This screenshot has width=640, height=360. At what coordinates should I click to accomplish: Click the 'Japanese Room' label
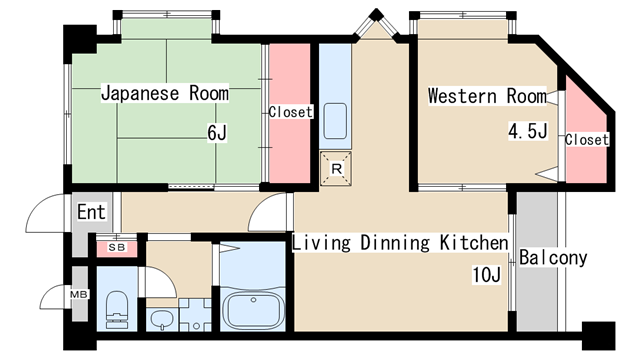(164, 93)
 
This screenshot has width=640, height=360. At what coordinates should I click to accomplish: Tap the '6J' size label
(217, 133)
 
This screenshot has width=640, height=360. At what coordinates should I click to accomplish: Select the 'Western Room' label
(487, 96)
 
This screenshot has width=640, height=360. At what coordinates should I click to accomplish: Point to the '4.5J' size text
(527, 131)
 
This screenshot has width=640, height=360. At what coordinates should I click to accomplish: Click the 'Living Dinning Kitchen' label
(400, 242)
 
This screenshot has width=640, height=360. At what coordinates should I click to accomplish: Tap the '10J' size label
(486, 274)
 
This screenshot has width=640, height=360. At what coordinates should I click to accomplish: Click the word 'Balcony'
(553, 258)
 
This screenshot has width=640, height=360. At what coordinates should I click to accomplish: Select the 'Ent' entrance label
(91, 212)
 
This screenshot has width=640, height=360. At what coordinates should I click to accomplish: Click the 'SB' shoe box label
(117, 247)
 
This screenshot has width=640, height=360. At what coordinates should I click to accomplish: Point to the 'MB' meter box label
(79, 294)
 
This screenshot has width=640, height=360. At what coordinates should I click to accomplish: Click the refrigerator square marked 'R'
(336, 169)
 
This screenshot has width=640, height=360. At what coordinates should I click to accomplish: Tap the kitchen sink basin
(335, 121)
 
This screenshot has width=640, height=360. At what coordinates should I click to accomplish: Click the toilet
(117, 310)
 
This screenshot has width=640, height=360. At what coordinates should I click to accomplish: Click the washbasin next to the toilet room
(162, 319)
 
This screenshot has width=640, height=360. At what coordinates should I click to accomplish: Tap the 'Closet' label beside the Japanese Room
(290, 112)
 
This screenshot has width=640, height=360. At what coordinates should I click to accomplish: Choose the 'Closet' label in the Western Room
(587, 140)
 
